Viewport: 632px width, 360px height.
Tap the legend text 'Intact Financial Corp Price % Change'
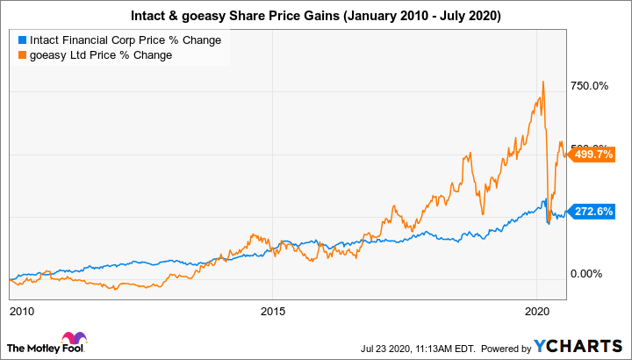(x=125, y=40)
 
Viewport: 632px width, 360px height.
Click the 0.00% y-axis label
(x=586, y=274)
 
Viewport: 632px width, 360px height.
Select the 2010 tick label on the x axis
(x=23, y=311)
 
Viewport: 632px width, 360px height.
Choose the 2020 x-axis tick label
(x=536, y=311)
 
